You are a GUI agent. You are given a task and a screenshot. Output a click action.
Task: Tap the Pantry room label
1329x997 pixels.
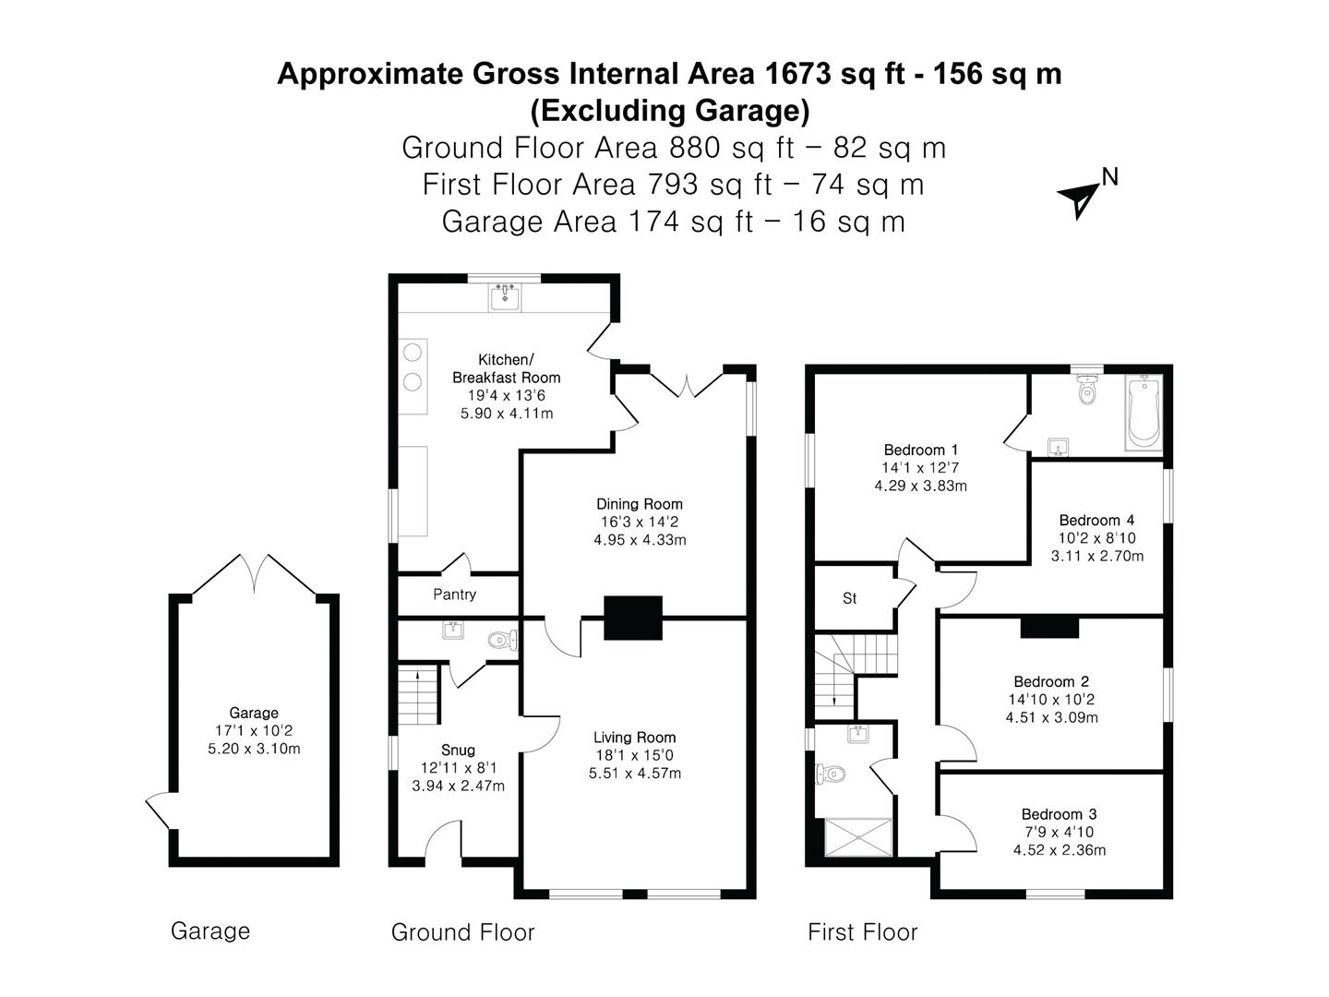coord(454,594)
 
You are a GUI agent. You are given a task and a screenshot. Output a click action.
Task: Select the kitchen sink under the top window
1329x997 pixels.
coord(505,297)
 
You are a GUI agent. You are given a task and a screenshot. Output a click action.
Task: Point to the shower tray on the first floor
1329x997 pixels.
coord(858,837)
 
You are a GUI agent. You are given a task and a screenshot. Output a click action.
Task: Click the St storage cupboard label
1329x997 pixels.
coord(849,598)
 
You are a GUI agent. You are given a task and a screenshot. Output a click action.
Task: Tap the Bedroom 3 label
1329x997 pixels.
coord(1059,813)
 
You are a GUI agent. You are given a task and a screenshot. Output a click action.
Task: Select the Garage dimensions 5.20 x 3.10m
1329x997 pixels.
coord(254,748)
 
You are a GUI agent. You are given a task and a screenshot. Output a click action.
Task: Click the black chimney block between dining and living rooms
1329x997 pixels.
coord(633,618)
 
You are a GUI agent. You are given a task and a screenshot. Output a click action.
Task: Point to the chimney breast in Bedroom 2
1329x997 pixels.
coord(1049,627)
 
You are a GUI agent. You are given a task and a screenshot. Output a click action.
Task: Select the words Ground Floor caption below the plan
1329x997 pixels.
coord(462,931)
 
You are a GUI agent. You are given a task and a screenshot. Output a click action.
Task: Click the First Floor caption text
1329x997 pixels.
coord(862,931)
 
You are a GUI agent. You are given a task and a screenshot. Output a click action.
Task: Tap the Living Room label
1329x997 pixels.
coord(634,737)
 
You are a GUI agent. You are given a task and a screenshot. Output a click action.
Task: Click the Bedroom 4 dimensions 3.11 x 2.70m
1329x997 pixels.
coord(1096,556)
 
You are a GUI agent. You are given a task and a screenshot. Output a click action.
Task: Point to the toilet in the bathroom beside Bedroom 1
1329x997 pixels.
coord(1087,390)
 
